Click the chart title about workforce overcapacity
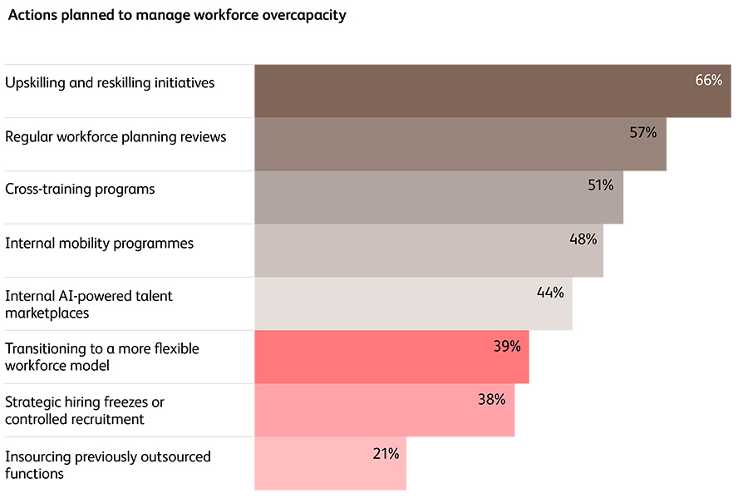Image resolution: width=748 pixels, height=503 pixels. [x=177, y=16]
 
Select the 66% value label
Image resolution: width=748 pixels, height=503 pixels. [x=708, y=80]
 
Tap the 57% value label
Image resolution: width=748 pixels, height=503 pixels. [x=642, y=132]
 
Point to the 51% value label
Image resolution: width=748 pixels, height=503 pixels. [x=600, y=185]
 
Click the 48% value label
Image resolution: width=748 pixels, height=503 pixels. [x=583, y=239]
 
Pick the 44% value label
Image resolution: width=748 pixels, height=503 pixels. [x=550, y=292]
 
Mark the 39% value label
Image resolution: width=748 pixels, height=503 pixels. [x=507, y=346]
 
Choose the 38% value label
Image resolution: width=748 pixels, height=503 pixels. [x=491, y=399]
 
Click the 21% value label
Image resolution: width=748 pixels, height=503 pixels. [x=385, y=453]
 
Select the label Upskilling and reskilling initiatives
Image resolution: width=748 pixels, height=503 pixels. [x=110, y=82]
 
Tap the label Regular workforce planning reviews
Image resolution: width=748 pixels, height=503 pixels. [x=116, y=136]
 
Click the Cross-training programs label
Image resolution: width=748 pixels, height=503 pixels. [x=80, y=189]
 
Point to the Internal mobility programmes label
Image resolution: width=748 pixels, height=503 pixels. [x=99, y=243]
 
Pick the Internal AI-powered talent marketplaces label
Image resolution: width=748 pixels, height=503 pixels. [x=89, y=304]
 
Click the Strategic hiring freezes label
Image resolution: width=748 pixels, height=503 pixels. [x=85, y=411]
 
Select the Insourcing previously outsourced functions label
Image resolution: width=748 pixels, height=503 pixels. [x=108, y=465]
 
